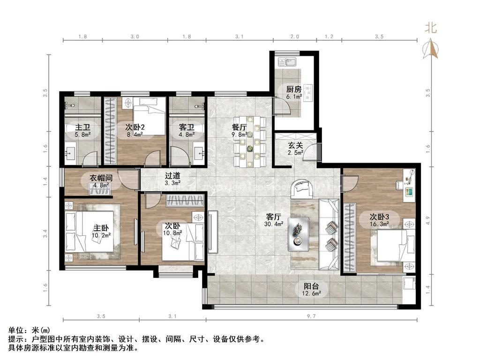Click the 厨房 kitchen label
click(x=293, y=90)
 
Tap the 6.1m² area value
click(x=294, y=97)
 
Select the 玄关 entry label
click(x=295, y=145)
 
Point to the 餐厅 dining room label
click(x=240, y=127)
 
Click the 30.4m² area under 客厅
click(x=274, y=224)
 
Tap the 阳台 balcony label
click(x=311, y=286)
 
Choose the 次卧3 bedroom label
click(x=379, y=217)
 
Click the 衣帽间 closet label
click(x=101, y=178)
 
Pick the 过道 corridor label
click(x=172, y=176)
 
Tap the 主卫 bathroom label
click(x=82, y=127)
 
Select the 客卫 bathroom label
click(x=187, y=127)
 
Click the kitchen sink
click(x=287, y=62)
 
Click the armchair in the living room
click(x=302, y=189)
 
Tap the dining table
click(x=250, y=142)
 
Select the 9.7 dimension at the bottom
click(x=311, y=316)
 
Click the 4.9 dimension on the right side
click(x=427, y=220)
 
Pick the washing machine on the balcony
click(x=409, y=283)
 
